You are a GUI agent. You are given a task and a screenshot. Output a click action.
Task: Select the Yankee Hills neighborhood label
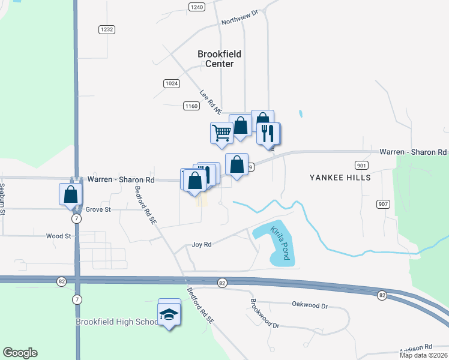(x=340, y=178)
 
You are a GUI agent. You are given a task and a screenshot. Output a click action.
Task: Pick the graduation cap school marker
(x=169, y=314)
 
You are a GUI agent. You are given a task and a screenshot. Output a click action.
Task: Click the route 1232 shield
(x=107, y=29)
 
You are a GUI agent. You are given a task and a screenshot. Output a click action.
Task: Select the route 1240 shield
(x=196, y=7)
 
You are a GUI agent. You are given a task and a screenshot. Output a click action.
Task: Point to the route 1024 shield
(x=171, y=83)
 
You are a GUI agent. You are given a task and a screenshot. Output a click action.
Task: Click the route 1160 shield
(x=191, y=106)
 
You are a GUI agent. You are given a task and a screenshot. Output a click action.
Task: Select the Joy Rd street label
(x=202, y=244)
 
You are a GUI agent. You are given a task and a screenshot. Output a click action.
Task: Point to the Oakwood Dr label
(x=310, y=305)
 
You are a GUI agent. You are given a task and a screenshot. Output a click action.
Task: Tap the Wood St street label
(x=58, y=236)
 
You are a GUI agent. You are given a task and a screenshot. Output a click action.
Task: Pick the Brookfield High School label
(x=116, y=322)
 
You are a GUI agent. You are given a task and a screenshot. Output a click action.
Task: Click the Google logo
(x=20, y=353)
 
